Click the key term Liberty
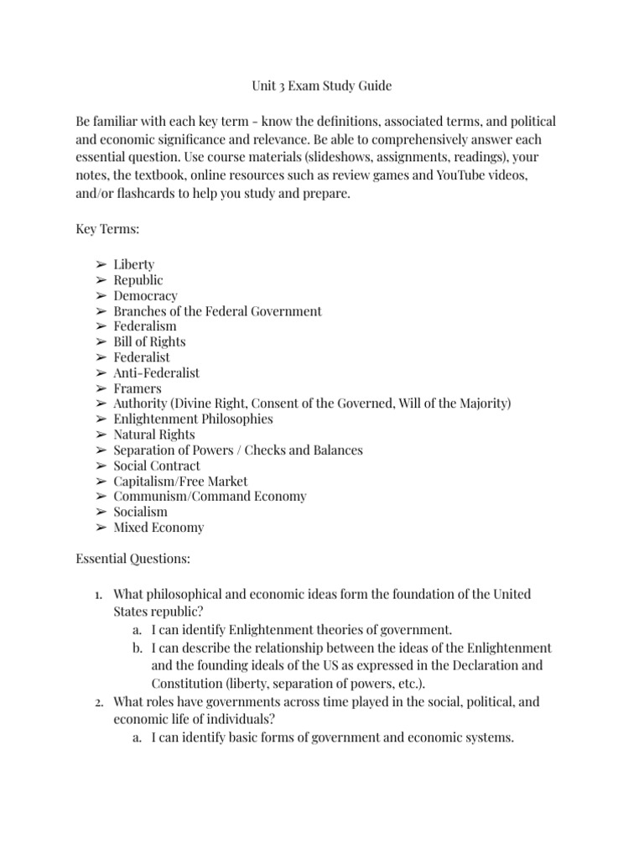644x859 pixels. click(x=134, y=264)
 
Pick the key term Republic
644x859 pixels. click(x=138, y=279)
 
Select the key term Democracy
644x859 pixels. click(x=145, y=295)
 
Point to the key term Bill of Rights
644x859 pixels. click(x=149, y=341)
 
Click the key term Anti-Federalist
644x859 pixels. click(x=157, y=372)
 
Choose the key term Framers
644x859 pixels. click(x=138, y=388)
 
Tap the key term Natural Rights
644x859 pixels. click(x=154, y=435)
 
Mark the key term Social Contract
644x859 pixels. click(x=157, y=466)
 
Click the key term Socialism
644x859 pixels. click(x=140, y=512)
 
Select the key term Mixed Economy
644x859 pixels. click(x=158, y=528)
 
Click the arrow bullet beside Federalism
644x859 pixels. click(x=101, y=326)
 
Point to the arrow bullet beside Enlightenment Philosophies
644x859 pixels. click(x=101, y=419)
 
